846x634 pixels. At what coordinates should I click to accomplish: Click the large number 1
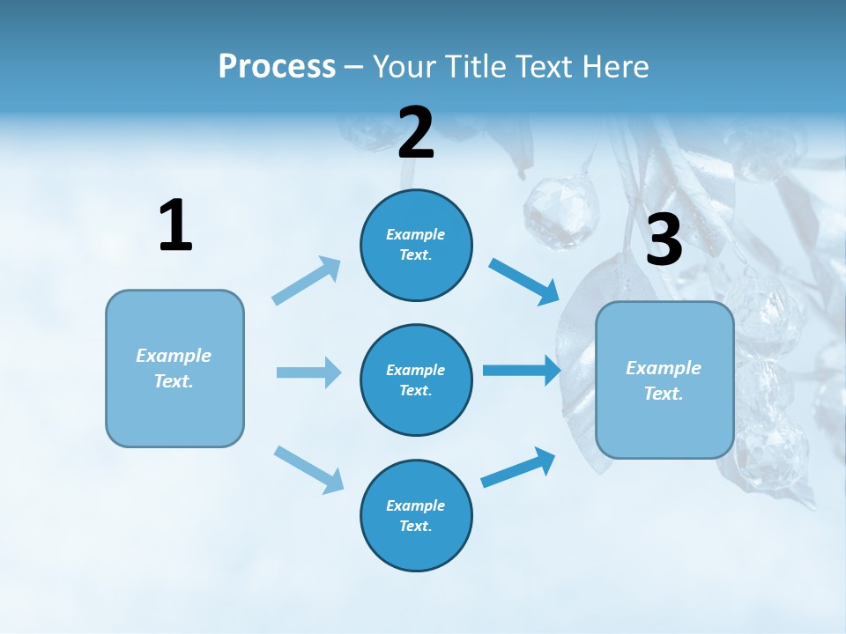pos(175,226)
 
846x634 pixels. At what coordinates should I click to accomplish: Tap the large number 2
pos(416,133)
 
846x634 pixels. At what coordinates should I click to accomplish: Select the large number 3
pos(664,240)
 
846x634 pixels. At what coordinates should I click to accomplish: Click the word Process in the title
pos(277,66)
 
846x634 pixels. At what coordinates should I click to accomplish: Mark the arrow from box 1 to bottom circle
pos(308,469)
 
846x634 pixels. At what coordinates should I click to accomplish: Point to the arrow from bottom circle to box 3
pos(518,468)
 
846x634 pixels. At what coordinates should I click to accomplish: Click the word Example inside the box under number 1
pos(174,356)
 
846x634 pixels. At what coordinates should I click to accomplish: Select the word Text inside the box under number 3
pos(663,394)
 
